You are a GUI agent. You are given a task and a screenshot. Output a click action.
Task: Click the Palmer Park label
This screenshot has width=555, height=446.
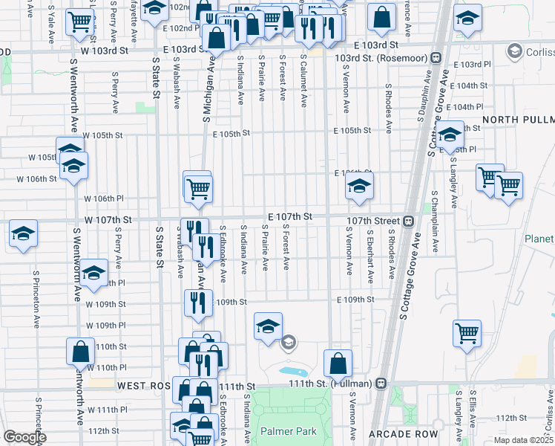tap(289, 431)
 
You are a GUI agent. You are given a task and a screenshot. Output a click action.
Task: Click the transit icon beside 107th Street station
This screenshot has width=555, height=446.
tap(409, 221)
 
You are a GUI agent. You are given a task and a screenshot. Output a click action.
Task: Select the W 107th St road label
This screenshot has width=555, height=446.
tap(108, 220)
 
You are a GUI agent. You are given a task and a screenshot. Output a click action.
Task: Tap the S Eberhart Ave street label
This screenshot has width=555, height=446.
tap(370, 255)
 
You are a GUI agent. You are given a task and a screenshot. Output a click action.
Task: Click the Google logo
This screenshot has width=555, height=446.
tap(24, 437)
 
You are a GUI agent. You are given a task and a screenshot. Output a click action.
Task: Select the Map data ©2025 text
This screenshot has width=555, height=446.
tap(523, 440)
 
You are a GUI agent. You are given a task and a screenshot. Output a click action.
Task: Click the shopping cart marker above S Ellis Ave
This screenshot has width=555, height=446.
tap(467, 333)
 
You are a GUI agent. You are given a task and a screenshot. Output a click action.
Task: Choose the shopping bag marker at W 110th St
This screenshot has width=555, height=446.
tap(80, 351)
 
